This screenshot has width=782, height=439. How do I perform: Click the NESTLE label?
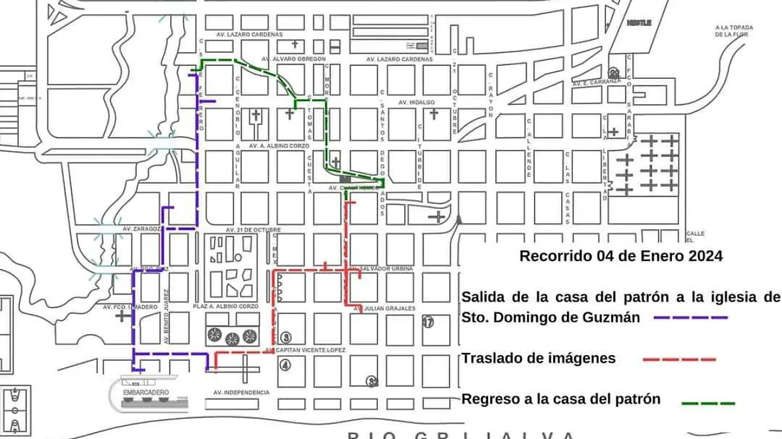click(x=639, y=23)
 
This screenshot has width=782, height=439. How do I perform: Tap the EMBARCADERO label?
click(x=145, y=392)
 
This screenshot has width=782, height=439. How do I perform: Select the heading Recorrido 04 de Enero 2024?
click(x=620, y=257)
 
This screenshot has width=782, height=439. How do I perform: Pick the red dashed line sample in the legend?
click(x=679, y=359)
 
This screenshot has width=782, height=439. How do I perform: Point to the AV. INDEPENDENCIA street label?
click(x=241, y=393)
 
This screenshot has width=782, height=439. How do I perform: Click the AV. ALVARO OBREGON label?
click(x=293, y=59)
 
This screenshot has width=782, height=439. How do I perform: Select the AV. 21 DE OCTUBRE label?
click(x=253, y=230)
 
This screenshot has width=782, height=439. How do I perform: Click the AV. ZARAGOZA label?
click(x=141, y=229)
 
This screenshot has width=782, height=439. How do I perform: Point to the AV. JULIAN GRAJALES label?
click(x=384, y=309)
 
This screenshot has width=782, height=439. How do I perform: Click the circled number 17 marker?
click(x=428, y=321)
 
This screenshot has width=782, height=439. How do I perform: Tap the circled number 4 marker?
click(x=285, y=365)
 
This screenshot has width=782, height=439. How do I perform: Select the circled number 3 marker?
click(x=285, y=337)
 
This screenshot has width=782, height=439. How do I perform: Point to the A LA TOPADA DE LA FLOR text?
click(x=734, y=31)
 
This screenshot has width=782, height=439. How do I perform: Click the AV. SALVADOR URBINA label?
click(x=381, y=268)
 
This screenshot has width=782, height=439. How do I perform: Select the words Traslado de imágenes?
click(x=538, y=358)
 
